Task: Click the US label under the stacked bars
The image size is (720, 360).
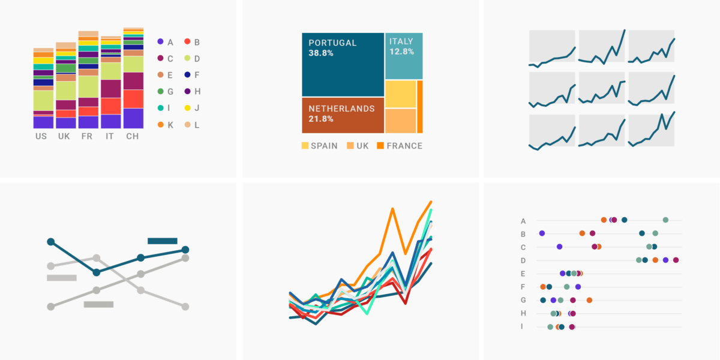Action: [41, 136]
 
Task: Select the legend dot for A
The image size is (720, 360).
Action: [160, 42]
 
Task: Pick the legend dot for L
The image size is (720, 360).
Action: [187, 124]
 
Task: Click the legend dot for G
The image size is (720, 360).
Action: [160, 91]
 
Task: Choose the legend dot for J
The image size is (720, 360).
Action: [187, 108]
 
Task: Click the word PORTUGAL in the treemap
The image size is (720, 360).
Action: [332, 43]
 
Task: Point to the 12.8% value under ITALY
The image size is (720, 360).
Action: [401, 52]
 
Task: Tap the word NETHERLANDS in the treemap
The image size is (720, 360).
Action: [341, 109]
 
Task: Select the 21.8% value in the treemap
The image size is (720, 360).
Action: [321, 119]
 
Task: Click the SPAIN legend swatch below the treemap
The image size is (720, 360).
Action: [305, 146]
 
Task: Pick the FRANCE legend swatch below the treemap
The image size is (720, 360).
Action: [380, 146]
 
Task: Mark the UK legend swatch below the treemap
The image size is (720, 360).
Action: [350, 146]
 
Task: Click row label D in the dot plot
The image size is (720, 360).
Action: [523, 260]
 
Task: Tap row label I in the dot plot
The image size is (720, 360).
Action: [522, 326]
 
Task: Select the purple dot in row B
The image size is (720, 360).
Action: [542, 233]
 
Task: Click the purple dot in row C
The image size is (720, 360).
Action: [559, 247]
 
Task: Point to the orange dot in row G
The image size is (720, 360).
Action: [589, 300]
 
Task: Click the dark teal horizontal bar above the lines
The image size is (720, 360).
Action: [162, 241]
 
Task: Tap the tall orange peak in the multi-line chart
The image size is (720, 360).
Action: [392, 209]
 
